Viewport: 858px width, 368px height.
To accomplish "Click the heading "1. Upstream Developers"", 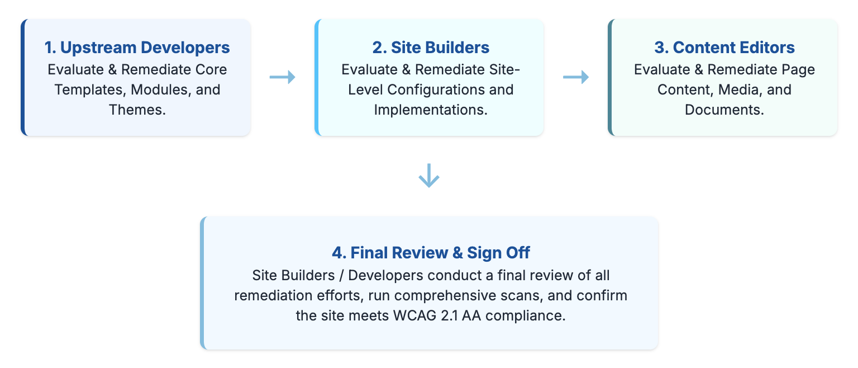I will pos(137,48).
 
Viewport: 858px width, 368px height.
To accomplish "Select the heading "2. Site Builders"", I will pos(431,48).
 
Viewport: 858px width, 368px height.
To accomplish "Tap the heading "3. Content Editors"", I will pos(724,48).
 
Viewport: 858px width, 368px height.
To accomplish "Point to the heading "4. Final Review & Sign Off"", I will pos(431,253).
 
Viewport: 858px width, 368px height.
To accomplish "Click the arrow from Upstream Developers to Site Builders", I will pos(282,78).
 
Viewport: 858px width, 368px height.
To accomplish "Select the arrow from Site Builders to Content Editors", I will pos(575,78).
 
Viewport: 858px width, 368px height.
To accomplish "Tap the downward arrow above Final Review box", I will pos(429,176).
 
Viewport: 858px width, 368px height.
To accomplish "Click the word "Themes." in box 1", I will pos(137,110).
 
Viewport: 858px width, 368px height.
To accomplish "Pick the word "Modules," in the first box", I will pos(162,89).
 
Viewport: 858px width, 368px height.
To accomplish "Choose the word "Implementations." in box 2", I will pos(431,110).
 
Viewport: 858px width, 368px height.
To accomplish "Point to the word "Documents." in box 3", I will pos(724,110).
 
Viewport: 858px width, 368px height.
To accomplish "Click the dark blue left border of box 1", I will pos(23,78).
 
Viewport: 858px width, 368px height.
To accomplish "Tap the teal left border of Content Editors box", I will pos(611,78).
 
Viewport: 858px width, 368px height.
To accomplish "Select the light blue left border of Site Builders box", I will pos(317,78).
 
